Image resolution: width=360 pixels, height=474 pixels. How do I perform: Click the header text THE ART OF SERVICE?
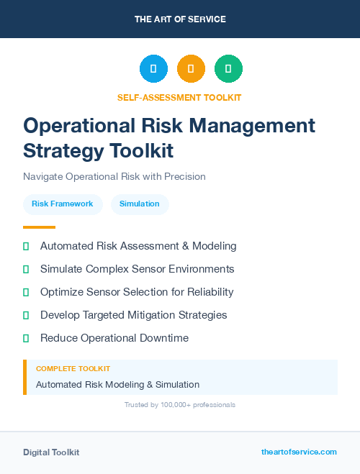pos(180,19)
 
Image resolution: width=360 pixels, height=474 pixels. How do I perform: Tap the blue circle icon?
pos(153,68)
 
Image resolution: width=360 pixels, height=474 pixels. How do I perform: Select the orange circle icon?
pos(191,68)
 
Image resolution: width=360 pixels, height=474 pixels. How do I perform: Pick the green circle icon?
pos(228,68)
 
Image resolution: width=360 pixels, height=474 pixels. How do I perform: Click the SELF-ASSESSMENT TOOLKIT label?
pos(180,97)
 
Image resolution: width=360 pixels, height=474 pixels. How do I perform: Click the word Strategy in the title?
pos(63,150)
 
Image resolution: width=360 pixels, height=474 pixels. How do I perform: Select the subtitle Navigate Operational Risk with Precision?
pos(114,176)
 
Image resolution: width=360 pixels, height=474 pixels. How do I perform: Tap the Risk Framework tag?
pos(63,204)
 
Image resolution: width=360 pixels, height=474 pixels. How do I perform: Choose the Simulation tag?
pos(140,204)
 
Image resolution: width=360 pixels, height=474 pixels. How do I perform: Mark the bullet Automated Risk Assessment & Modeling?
pos(138,246)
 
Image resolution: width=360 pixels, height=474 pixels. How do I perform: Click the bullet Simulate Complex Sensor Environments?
pos(137,269)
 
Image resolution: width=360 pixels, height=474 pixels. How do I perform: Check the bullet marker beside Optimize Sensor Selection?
pos(26,292)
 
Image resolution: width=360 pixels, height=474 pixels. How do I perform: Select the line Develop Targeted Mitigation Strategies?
pos(133,315)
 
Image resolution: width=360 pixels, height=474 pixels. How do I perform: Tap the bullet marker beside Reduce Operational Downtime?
pos(26,338)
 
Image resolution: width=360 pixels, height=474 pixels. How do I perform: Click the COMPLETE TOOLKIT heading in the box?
pos(73,369)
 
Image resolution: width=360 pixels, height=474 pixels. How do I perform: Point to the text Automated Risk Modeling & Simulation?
pos(117,384)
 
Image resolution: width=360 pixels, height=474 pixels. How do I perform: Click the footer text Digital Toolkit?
pos(51,452)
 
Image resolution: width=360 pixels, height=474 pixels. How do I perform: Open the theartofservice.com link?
pos(299,452)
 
